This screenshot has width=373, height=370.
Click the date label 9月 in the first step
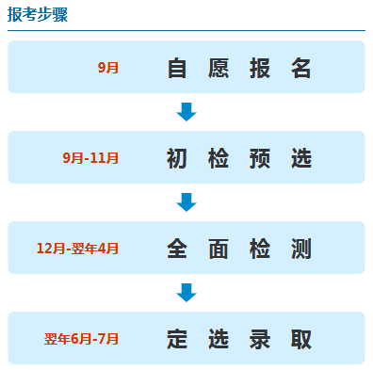[x=108, y=68]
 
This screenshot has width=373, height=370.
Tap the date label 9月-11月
[x=90, y=158]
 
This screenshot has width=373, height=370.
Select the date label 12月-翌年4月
[x=78, y=249]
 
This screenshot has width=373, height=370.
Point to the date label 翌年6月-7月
[x=82, y=339]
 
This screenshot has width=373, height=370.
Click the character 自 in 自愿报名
[x=177, y=68]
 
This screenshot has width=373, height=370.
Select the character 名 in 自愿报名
[x=301, y=68]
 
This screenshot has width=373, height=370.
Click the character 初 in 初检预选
[x=177, y=158]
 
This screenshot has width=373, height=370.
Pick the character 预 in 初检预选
[x=260, y=158]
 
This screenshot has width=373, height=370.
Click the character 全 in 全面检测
[x=177, y=249]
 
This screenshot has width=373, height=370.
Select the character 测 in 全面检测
[x=301, y=249]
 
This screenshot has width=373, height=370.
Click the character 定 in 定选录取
[x=177, y=339]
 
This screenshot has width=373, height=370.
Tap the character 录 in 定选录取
[x=260, y=339]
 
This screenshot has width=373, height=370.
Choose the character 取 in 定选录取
[x=301, y=339]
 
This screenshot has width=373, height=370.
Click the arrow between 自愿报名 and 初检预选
[x=186, y=112]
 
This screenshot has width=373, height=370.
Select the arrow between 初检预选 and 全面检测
[x=186, y=202]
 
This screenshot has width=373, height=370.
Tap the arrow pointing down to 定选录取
[x=186, y=293]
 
